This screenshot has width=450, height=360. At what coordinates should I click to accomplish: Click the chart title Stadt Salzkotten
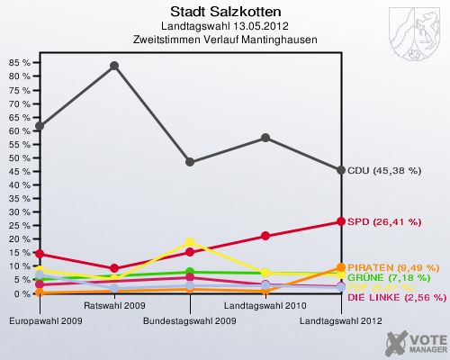pyautogui.click(x=224, y=12)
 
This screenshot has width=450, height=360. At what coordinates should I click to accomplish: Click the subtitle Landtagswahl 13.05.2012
pyautogui.click(x=224, y=27)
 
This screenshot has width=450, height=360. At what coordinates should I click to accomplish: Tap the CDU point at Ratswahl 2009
pyautogui.click(x=114, y=66)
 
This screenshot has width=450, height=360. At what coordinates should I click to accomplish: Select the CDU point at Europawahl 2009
pyautogui.click(x=39, y=126)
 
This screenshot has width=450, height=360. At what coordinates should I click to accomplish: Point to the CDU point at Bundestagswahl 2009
pyautogui.click(x=190, y=162)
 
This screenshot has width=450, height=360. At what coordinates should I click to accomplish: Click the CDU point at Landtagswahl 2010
pyautogui.click(x=265, y=138)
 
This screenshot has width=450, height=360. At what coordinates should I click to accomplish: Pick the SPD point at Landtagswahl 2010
pyautogui.click(x=265, y=236)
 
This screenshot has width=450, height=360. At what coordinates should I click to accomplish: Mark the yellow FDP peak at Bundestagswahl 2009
pyautogui.click(x=190, y=242)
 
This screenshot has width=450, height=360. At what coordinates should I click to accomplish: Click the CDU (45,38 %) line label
pyautogui.click(x=384, y=170)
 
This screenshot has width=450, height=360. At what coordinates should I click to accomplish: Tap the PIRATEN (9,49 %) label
pyautogui.click(x=393, y=267)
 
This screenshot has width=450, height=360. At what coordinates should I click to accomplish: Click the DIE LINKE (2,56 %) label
pyautogui.click(x=396, y=297)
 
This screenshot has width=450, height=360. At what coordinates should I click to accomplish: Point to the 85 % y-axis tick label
pyautogui.click(x=19, y=63)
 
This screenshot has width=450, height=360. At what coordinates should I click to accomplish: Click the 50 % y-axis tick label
pyautogui.click(x=19, y=157)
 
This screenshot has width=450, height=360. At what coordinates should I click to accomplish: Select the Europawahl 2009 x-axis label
pyautogui.click(x=39, y=320)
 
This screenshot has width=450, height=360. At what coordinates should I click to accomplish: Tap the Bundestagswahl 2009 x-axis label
pyautogui.click(x=190, y=320)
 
